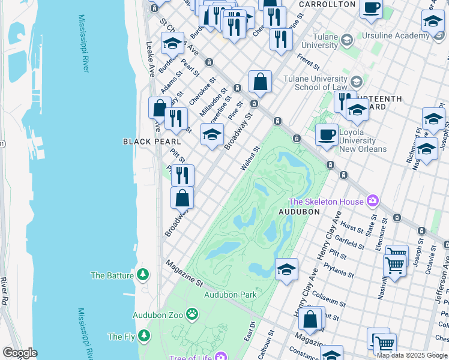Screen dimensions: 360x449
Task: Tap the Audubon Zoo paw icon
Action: pos(191,313)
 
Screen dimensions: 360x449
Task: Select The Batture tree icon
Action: pos(142,275)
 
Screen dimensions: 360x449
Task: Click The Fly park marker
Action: pos(143,336)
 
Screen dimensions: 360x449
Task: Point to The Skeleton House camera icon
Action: pos(373,200)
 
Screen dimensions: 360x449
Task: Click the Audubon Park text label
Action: pos(230,294)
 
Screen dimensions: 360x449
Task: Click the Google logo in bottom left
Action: pos(20,353)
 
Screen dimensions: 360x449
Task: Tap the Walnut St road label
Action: pos(251,158)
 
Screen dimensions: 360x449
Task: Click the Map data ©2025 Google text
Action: pos(411,355)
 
